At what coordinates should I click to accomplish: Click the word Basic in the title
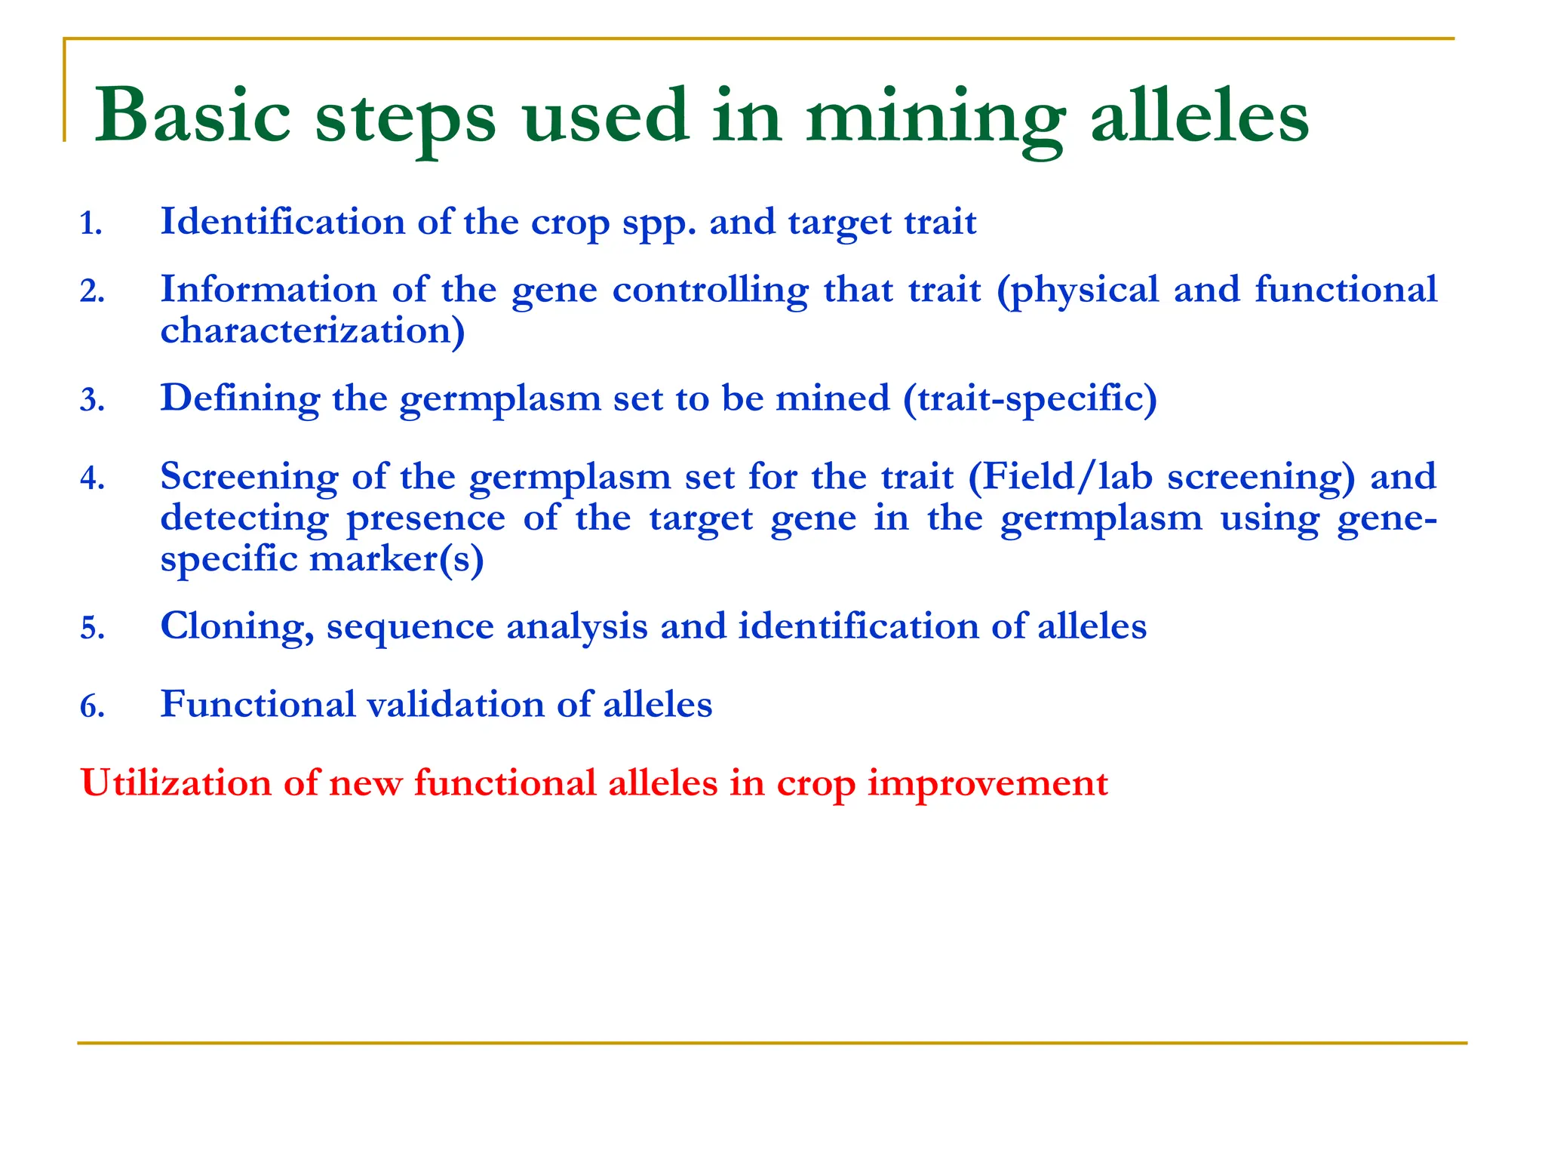click(193, 115)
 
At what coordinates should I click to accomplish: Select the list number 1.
click(91, 224)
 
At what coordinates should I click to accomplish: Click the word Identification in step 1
click(283, 222)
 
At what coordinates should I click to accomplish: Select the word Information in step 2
click(269, 290)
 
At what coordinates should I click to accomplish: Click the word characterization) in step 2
click(312, 331)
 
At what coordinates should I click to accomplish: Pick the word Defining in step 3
click(240, 399)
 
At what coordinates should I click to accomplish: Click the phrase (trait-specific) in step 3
click(1030, 399)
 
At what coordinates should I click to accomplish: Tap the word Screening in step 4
click(250, 478)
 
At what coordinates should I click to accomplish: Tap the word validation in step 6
click(456, 705)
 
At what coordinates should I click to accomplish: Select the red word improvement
click(988, 784)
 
